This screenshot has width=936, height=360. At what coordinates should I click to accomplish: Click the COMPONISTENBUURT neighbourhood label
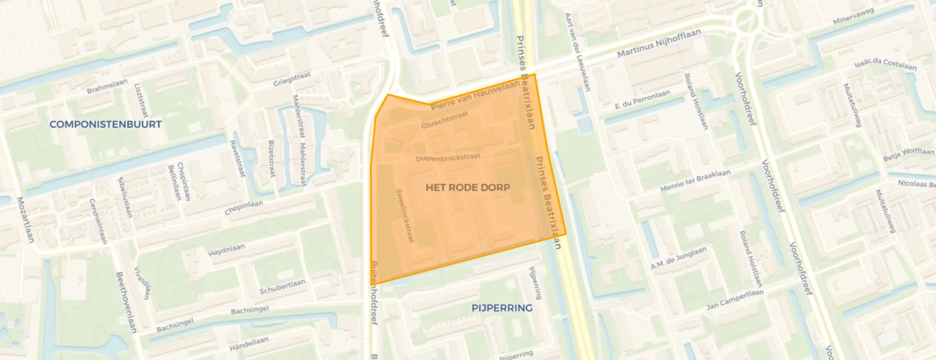105,124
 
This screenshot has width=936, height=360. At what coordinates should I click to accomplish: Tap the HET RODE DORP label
468,187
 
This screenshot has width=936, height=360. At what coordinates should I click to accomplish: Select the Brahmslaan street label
107,86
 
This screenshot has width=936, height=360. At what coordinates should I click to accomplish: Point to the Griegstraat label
292,79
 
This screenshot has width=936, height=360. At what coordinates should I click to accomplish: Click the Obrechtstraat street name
445,120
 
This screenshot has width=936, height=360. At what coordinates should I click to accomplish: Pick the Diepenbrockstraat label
448,158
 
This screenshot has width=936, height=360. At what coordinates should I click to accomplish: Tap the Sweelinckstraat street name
405,215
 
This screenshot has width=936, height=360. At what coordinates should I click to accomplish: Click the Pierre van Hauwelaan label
475,95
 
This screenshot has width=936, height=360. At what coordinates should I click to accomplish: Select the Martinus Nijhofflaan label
659,43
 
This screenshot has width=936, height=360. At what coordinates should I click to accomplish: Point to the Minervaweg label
853,16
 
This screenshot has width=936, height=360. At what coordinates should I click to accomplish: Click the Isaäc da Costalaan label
885,64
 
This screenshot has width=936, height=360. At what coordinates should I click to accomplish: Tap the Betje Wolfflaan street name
909,154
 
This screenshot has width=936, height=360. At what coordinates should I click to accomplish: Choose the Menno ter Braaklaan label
695,181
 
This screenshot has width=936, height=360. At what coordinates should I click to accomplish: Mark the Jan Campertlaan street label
735,300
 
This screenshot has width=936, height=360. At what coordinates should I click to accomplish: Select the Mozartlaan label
25,219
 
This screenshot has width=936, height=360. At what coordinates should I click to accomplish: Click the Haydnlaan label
227,250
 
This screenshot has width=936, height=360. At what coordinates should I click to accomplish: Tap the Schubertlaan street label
282,287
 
